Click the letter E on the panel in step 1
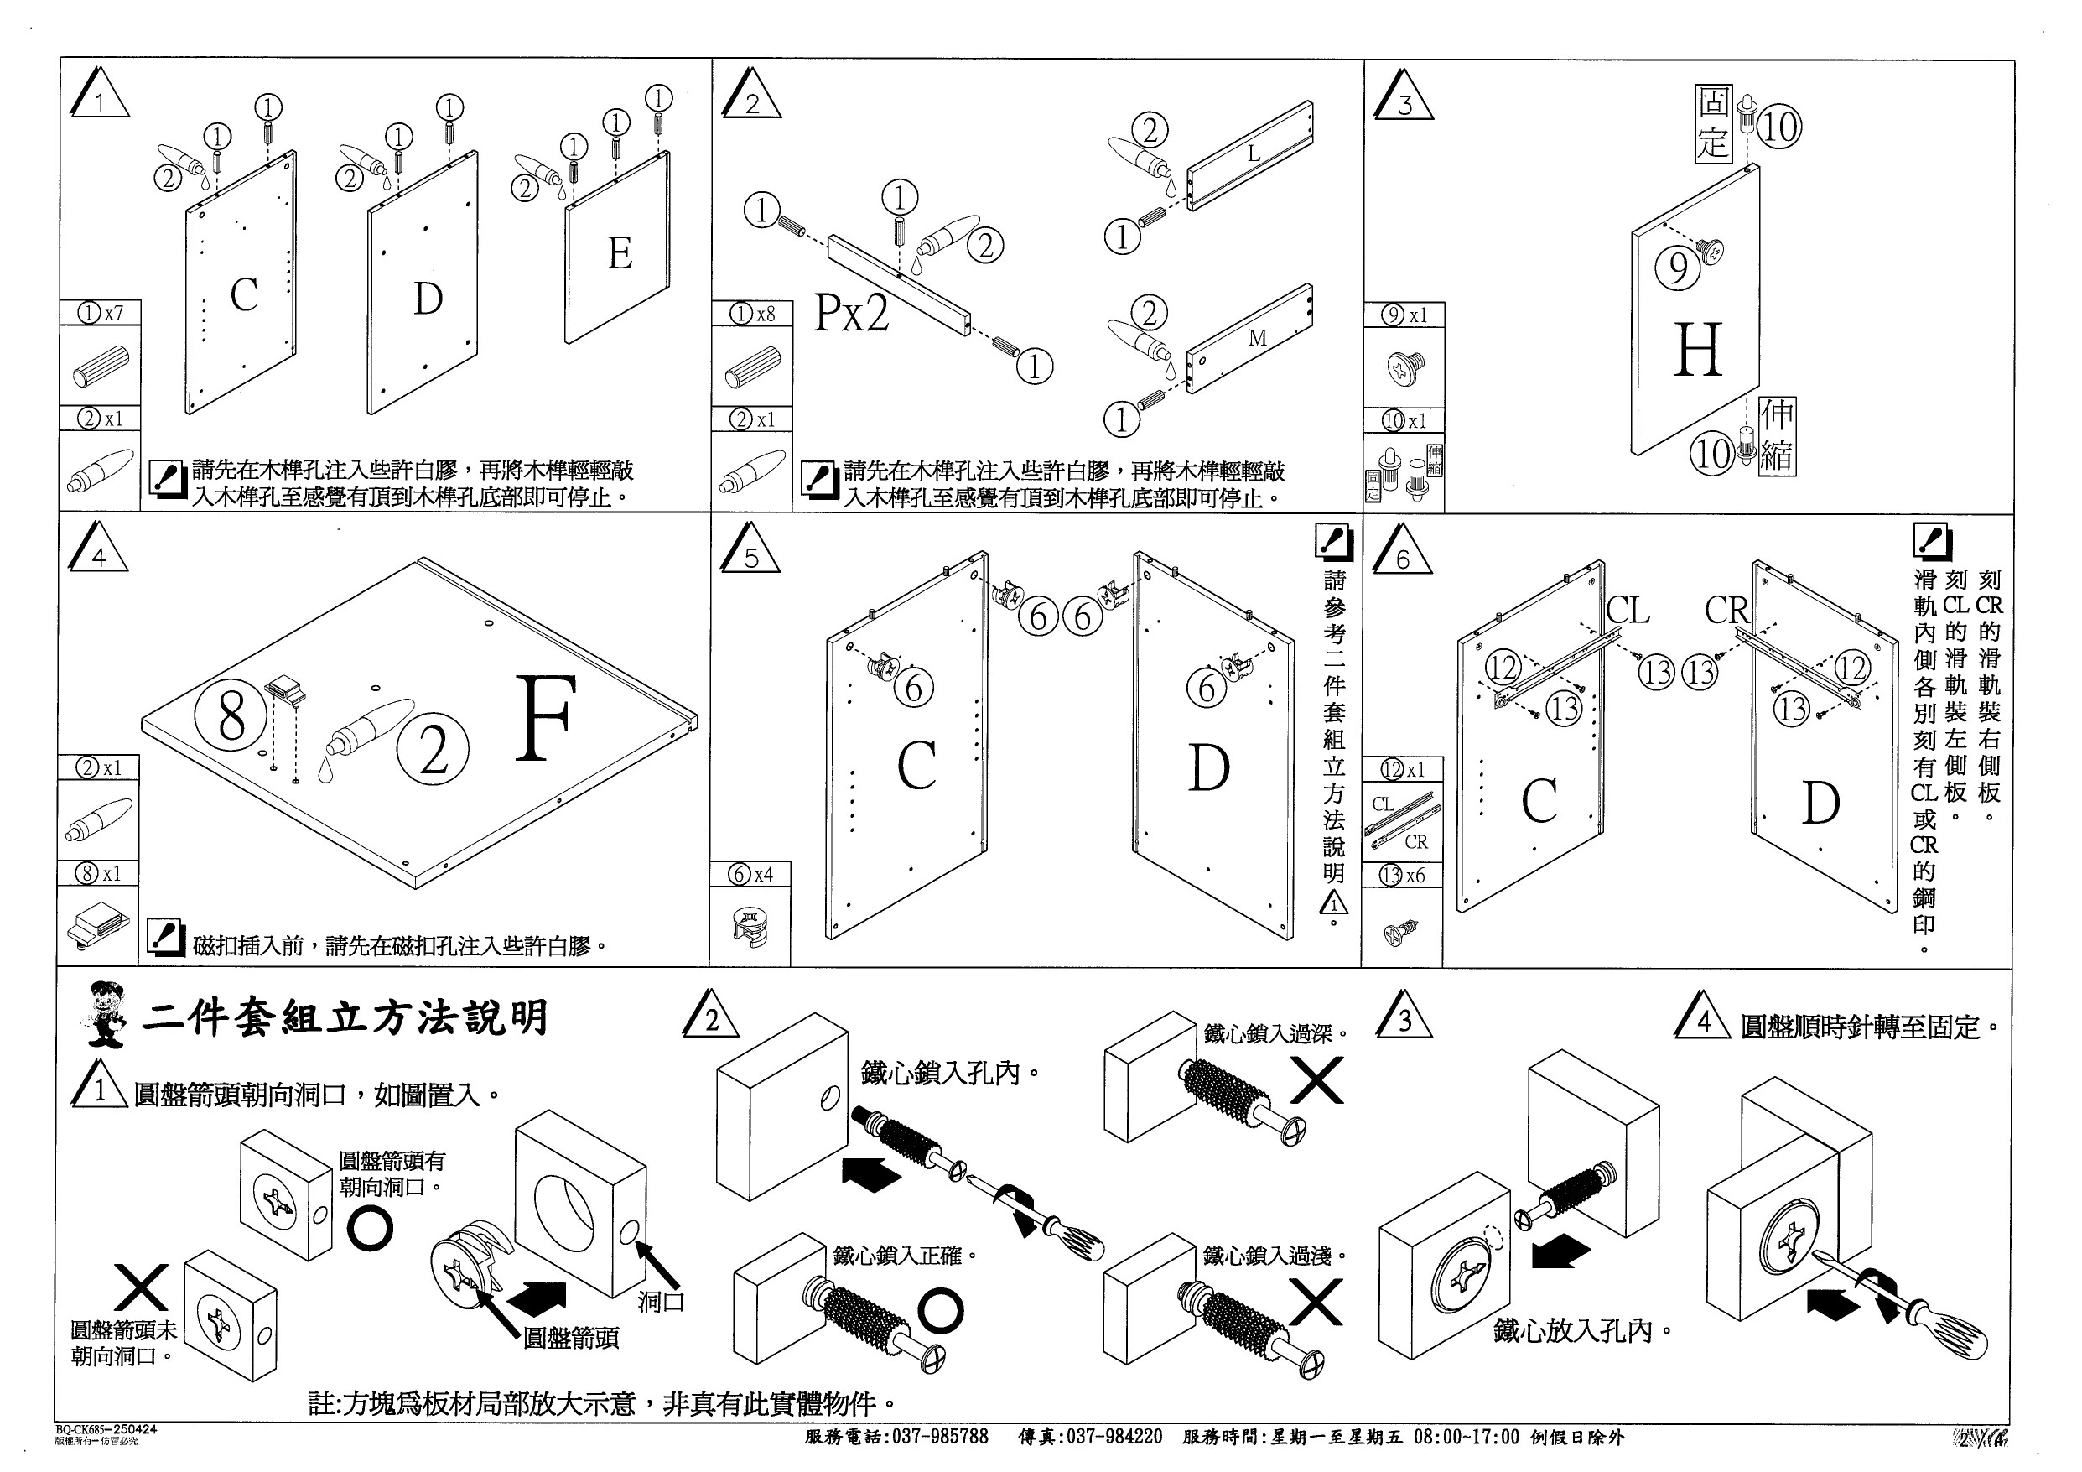620,253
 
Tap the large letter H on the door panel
1697,350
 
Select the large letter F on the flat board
546,718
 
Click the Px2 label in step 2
850,313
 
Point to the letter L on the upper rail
1254,153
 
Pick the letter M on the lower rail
1257,338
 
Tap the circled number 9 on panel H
1679,268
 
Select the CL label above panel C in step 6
1628,611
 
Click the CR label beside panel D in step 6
1726,611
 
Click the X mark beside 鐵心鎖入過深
1316,1080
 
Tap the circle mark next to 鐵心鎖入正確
940,1311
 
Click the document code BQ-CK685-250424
105,1428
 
